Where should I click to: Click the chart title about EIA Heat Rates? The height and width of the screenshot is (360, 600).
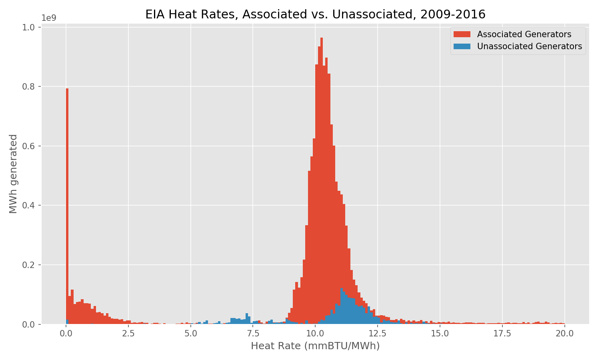(315, 14)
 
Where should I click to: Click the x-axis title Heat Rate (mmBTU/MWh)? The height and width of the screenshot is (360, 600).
(315, 346)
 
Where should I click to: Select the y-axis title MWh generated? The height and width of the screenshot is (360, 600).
(13, 174)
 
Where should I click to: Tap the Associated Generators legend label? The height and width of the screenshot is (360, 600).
(524, 34)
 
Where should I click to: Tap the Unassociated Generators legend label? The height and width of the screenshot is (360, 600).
(529, 46)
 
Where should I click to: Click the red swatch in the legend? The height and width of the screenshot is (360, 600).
(462, 34)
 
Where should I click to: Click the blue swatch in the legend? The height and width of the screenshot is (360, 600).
(462, 46)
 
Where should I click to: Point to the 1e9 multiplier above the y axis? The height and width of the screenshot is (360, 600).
(49, 18)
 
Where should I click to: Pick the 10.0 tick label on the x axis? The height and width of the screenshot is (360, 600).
(315, 333)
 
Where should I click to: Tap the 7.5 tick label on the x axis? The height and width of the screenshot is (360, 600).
(253, 333)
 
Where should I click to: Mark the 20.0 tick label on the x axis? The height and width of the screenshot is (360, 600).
(564, 333)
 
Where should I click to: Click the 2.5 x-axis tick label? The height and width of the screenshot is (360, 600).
(128, 333)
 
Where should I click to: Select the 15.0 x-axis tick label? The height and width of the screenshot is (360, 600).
(440, 333)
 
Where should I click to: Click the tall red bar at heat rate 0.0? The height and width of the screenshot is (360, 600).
(67, 200)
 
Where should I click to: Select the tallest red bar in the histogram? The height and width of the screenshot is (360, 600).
(322, 180)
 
